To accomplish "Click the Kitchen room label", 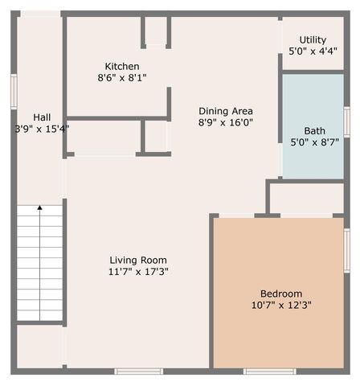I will pyautogui.click(x=122, y=66).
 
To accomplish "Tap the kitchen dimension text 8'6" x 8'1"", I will pyautogui.click(x=122, y=78).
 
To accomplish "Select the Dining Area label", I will pyautogui.click(x=226, y=111).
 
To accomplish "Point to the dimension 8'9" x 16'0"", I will pyautogui.click(x=226, y=123).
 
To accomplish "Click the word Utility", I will pyautogui.click(x=313, y=39).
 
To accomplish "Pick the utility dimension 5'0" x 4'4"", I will pyautogui.click(x=313, y=51).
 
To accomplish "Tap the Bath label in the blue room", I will pyautogui.click(x=314, y=131).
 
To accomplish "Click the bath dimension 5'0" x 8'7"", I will pyautogui.click(x=314, y=143).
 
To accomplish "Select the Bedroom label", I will pyautogui.click(x=281, y=294).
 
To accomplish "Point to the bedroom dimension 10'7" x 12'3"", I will pyautogui.click(x=281, y=306).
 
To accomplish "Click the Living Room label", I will pyautogui.click(x=138, y=260).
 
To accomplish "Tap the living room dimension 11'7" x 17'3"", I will pyautogui.click(x=138, y=272).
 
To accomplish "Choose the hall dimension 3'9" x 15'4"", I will pyautogui.click(x=42, y=128).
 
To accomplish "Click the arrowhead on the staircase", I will pyautogui.click(x=39, y=208).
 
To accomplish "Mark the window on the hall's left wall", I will pyautogui.click(x=14, y=91).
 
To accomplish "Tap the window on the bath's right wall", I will pyautogui.click(x=346, y=121).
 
